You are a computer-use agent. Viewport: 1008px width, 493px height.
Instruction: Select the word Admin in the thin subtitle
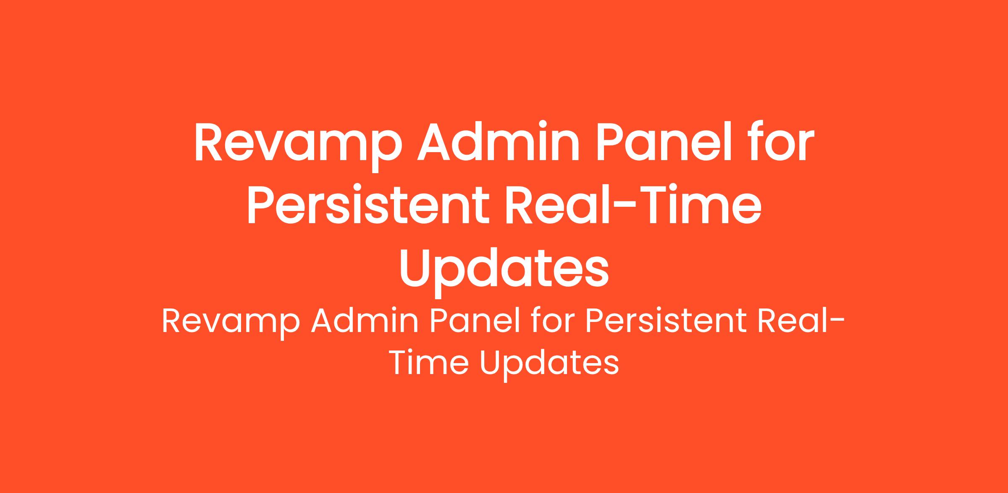coord(365,322)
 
